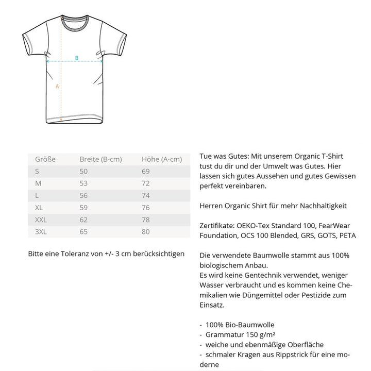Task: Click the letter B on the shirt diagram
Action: coord(77,58)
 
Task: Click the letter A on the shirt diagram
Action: coord(57,86)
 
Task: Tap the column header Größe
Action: coord(45,159)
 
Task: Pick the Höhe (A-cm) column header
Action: coord(162,159)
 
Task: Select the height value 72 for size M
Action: coord(146,183)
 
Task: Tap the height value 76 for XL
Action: coord(146,208)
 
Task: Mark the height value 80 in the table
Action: coord(146,232)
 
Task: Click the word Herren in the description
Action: coord(210,206)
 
